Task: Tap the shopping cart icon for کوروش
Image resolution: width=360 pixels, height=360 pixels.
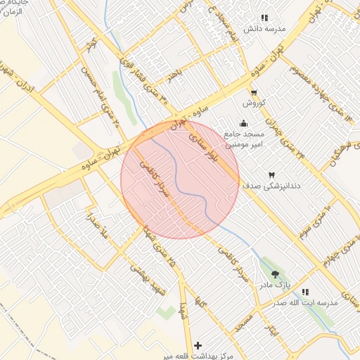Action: (x=254, y=92)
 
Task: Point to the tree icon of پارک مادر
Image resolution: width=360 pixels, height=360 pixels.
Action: (x=274, y=274)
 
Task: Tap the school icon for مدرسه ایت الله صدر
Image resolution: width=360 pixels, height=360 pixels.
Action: (x=305, y=291)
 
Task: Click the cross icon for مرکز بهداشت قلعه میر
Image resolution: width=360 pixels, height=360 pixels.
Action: (x=199, y=345)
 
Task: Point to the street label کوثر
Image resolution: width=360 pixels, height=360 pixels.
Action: (x=90, y=46)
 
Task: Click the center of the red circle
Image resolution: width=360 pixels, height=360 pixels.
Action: (x=180, y=179)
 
